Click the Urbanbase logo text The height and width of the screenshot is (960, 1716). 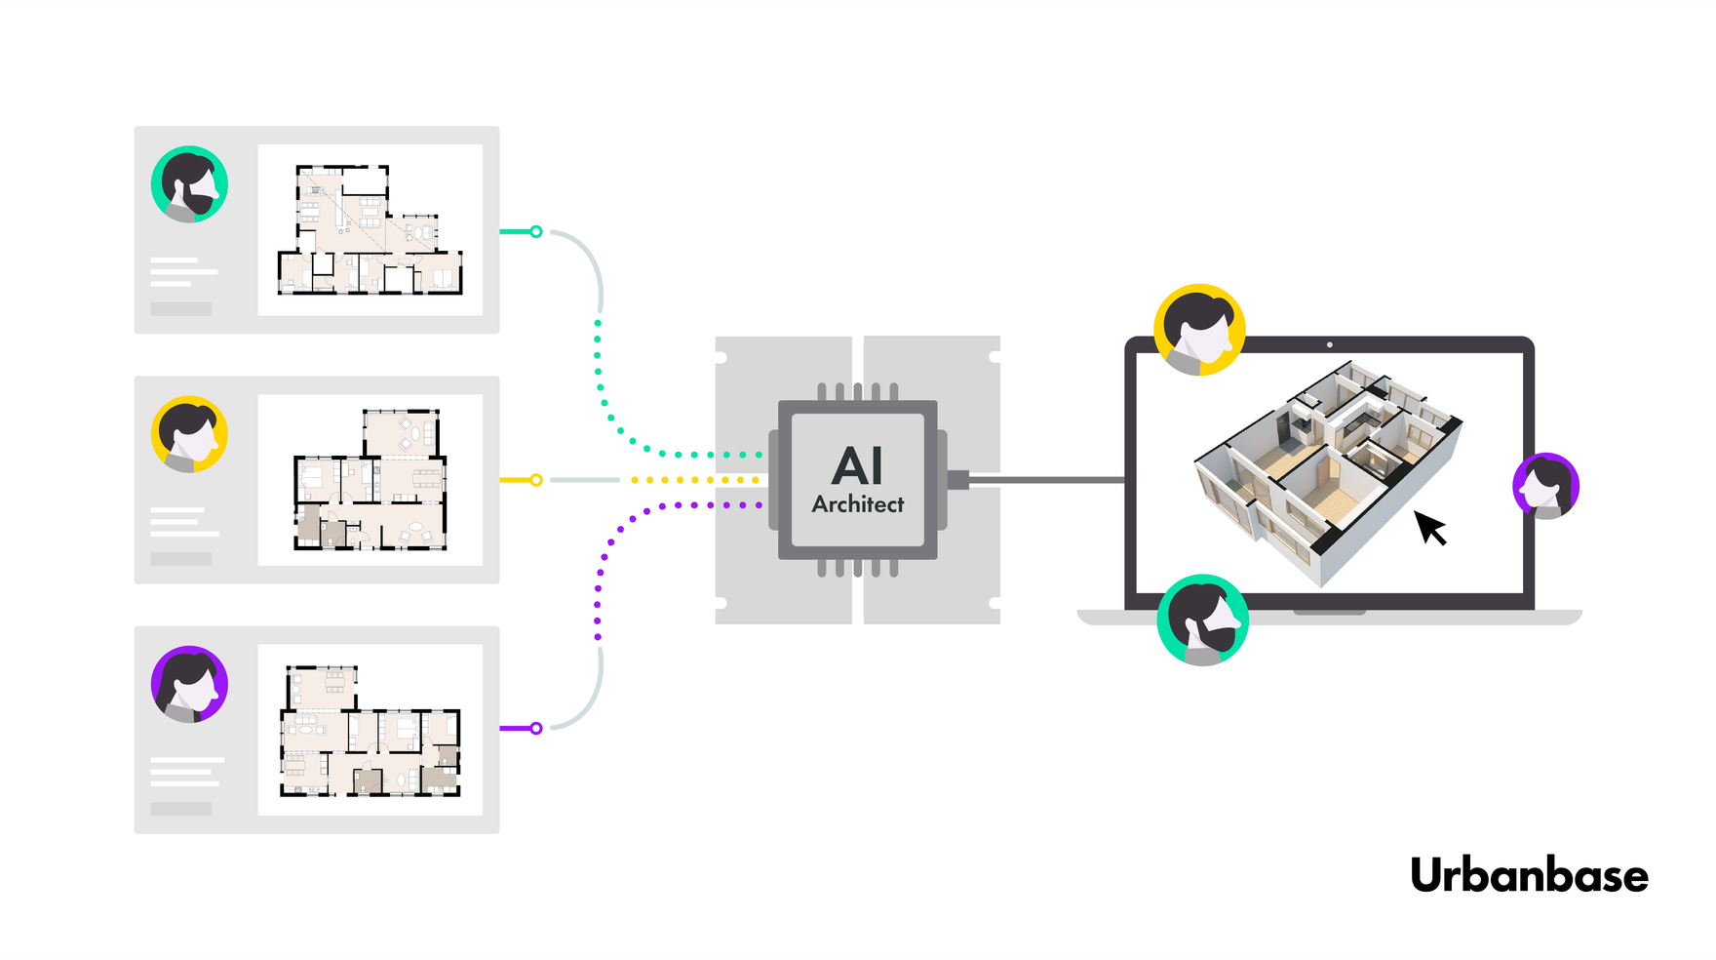tap(1528, 875)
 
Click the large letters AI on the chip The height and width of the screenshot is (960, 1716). tap(857, 465)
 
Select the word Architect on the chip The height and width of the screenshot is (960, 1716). tap(857, 504)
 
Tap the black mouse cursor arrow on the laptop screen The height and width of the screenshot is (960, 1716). tap(1429, 527)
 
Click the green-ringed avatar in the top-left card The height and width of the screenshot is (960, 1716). tap(189, 184)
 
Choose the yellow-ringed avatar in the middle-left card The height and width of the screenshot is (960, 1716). tap(189, 434)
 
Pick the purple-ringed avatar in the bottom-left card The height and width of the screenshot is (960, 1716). tap(189, 684)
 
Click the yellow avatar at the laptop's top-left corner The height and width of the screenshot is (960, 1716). tap(1199, 330)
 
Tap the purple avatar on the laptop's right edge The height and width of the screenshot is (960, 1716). tap(1545, 486)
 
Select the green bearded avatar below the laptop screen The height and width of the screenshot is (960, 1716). tap(1202, 620)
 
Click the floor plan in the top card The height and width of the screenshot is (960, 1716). tap(370, 230)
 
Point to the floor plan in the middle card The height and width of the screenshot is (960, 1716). tap(370, 480)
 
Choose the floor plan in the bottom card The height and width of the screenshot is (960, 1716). tap(370, 730)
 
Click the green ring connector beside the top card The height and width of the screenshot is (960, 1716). tap(535, 231)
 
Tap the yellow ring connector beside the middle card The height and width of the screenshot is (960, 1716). tap(535, 480)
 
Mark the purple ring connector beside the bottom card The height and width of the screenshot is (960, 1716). tap(535, 728)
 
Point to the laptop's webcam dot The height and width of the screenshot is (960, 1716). tap(1329, 344)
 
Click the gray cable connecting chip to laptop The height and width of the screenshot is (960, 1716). tap(1048, 480)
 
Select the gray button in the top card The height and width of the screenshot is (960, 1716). tap(180, 308)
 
